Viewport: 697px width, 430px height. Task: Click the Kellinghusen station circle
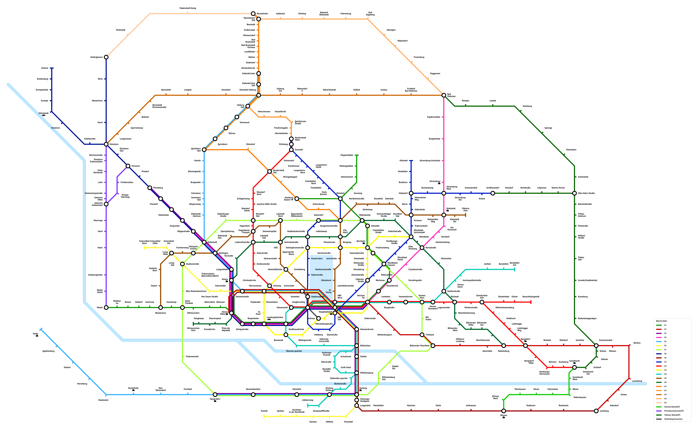106,57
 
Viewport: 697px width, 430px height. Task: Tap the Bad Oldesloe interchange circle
443,95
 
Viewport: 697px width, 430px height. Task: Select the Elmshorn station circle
106,144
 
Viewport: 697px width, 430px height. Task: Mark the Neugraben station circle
215,395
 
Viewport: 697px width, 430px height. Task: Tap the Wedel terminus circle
106,307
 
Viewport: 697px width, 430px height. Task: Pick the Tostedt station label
264,411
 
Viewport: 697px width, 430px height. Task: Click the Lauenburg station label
637,381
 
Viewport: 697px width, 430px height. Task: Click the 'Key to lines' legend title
661,321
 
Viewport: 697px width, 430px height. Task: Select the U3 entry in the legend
665,370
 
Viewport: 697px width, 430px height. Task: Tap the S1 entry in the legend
665,325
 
